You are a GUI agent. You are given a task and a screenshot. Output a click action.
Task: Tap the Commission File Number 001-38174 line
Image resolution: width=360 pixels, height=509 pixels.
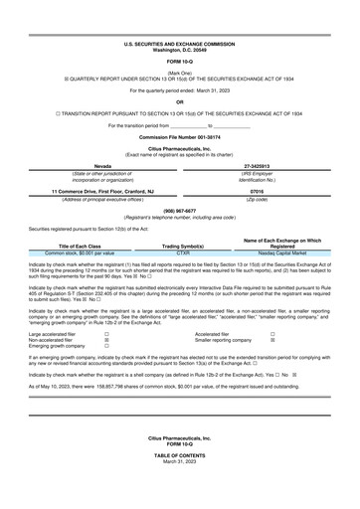(180, 135)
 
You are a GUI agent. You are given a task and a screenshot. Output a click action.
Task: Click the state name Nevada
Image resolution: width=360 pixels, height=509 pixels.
(102, 166)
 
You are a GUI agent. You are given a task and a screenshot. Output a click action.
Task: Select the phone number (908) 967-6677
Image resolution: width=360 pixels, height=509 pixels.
(180, 211)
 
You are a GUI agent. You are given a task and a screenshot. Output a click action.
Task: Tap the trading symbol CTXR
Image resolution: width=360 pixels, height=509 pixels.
(183, 253)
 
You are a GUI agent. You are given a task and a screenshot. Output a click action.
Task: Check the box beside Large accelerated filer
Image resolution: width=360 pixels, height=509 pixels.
(107, 334)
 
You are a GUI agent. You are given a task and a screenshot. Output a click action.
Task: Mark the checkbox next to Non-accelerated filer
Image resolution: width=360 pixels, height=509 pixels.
(107, 340)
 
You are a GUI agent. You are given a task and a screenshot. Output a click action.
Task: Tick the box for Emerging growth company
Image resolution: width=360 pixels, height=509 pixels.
(107, 346)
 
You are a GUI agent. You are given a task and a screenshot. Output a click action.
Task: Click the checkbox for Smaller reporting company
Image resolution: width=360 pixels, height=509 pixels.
(272, 340)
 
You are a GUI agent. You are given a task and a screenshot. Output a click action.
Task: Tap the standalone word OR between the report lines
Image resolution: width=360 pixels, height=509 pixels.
(180, 101)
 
